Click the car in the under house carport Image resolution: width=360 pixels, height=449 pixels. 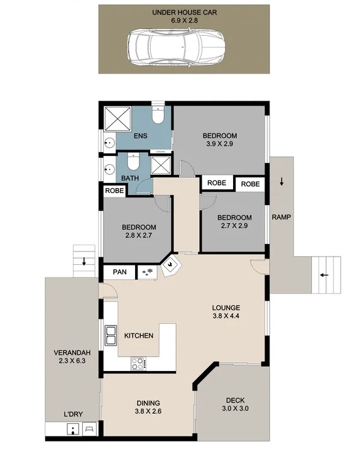[177, 48]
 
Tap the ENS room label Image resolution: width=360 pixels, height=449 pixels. [141, 135]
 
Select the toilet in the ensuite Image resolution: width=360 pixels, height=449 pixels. [158, 114]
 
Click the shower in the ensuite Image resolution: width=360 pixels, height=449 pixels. [117, 119]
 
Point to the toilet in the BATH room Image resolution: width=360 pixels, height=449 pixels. [133, 161]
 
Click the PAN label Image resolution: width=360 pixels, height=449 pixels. [119, 272]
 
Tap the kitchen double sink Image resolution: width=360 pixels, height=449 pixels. [111, 335]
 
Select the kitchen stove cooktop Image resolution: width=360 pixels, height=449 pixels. [138, 363]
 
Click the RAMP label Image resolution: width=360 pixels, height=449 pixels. [281, 217]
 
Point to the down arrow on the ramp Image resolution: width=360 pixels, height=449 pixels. [281, 181]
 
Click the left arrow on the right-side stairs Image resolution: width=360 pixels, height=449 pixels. [324, 275]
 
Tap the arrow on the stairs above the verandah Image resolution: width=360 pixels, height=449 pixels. [84, 261]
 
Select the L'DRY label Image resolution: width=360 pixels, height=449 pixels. [74, 414]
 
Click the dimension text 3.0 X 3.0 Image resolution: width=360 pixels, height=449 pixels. [235, 408]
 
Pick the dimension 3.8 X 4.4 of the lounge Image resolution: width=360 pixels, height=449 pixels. [226, 316]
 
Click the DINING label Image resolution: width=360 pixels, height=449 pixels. [148, 403]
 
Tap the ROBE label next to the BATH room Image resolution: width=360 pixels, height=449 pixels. [114, 191]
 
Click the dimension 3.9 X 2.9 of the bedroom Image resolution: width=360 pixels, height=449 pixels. [220, 144]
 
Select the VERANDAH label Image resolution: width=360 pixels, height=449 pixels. [72, 353]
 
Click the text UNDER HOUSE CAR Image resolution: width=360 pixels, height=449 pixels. [185, 13]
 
